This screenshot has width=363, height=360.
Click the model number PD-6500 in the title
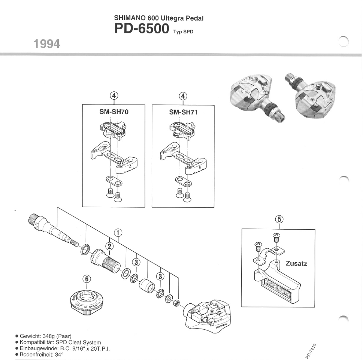coord(142,29)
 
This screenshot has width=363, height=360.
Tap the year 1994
coord(47,44)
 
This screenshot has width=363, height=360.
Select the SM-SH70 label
coord(114,112)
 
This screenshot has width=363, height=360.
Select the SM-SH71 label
coord(183,112)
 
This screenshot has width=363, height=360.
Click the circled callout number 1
coord(118,233)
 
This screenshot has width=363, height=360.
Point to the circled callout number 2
coord(109,246)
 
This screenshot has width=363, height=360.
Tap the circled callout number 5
coord(279,219)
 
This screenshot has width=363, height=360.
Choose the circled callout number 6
coord(87,279)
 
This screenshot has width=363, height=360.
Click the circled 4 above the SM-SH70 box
coord(114,96)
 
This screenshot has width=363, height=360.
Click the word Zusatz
coord(296,263)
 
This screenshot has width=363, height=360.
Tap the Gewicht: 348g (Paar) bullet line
coord(43,336)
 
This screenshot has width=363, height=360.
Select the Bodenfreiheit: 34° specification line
coord(39,354)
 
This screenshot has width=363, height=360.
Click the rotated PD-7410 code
coord(311,351)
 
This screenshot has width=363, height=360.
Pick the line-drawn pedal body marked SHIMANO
coord(208,317)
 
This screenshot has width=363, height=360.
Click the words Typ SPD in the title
coord(183,32)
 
